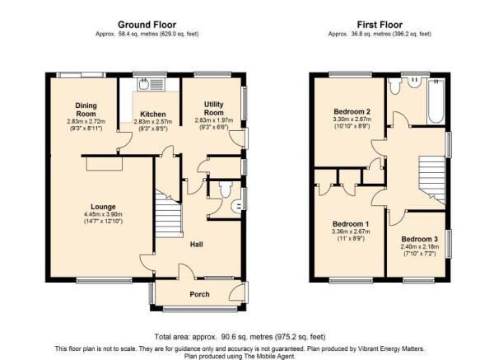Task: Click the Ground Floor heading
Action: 147,25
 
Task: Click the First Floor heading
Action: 380,25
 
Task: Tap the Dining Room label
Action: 86,110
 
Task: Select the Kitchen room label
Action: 153,115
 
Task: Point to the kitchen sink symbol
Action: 151,84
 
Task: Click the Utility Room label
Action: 214,109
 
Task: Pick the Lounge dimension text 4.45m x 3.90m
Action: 103,214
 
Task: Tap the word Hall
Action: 197,244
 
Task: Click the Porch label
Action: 199,294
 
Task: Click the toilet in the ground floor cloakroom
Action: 226,189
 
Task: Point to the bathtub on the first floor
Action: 436,101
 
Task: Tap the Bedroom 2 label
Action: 352,111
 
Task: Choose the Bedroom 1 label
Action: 351,223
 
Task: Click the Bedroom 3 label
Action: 419,239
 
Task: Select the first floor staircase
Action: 432,180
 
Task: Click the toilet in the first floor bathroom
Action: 395,86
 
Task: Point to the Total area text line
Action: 240,337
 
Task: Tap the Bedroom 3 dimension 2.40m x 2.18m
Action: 420,246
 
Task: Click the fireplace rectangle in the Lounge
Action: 105,164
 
